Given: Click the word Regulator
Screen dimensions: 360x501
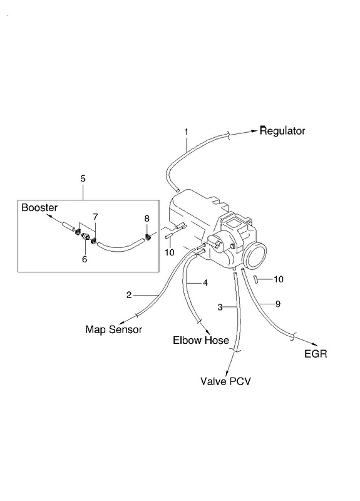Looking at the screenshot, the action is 282,131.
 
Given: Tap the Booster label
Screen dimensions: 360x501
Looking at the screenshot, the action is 39,208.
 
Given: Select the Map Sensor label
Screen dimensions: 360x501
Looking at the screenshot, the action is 113,329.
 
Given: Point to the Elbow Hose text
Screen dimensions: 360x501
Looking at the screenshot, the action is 200,340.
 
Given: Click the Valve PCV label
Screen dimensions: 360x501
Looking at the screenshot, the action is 225,381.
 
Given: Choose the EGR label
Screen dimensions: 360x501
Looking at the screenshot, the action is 316,354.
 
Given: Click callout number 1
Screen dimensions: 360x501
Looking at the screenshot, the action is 186,132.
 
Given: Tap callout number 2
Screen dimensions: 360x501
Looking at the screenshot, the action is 129,294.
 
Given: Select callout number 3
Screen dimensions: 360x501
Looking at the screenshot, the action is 220,307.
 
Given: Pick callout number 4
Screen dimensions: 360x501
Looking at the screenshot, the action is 205,283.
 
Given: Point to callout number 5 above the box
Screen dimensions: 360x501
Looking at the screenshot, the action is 83,178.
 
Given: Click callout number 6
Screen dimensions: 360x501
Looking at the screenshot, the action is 85,259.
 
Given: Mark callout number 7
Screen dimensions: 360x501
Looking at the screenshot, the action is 95,217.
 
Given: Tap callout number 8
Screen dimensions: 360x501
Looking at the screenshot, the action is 147,219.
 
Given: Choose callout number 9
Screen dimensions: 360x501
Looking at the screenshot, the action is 277,304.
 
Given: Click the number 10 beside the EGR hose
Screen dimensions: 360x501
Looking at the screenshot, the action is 279,279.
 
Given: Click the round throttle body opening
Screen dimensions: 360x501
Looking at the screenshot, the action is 255,255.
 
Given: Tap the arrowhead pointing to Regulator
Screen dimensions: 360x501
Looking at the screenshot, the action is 254,131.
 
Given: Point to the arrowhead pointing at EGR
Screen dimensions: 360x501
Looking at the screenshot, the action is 315,344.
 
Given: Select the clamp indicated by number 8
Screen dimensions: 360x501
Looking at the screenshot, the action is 148,237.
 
